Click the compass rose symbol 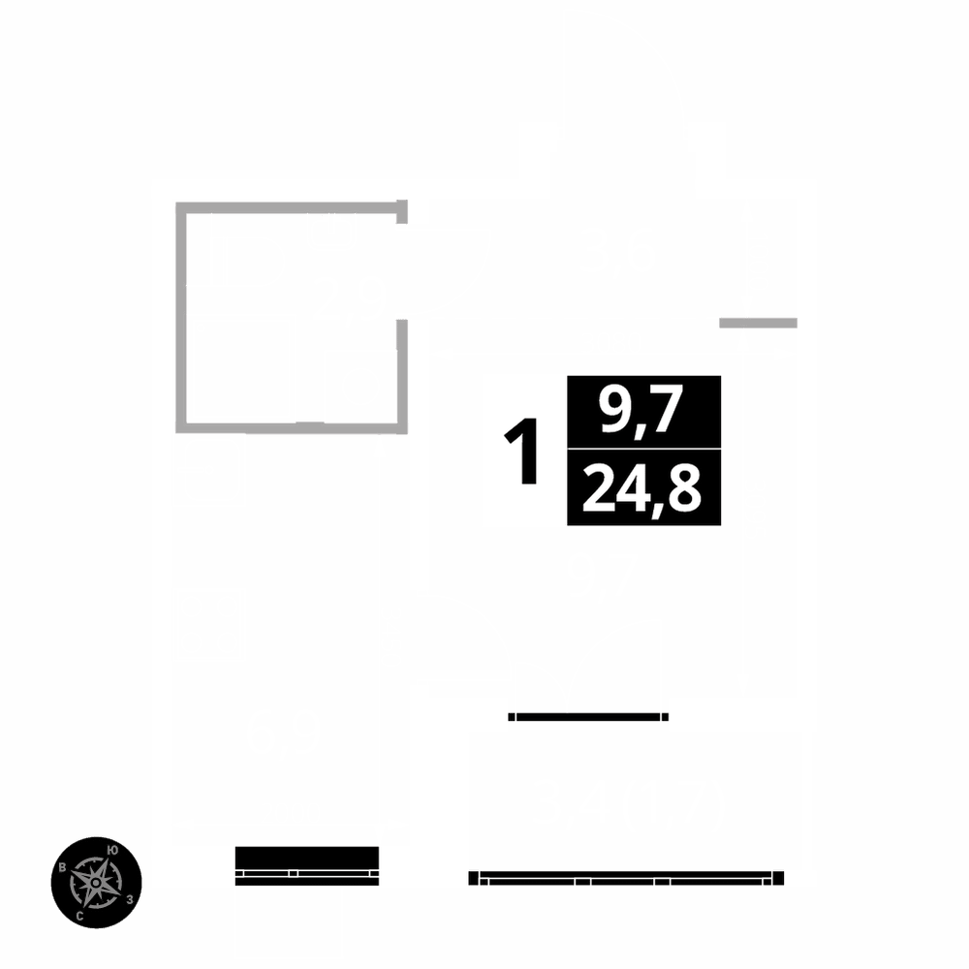coord(97,882)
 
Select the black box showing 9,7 coord(643,412)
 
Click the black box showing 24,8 coord(643,487)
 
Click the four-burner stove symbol coord(210,622)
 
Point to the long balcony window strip coord(626,879)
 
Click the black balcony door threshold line coord(588,717)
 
